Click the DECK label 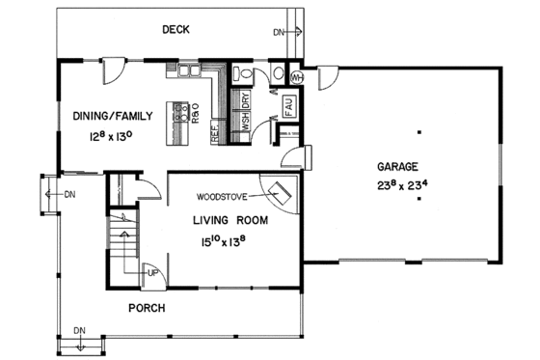[x=175, y=30]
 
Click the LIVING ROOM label [x=229, y=220]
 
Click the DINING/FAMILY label [x=113, y=116]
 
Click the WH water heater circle [x=295, y=76]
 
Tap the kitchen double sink [x=186, y=70]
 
